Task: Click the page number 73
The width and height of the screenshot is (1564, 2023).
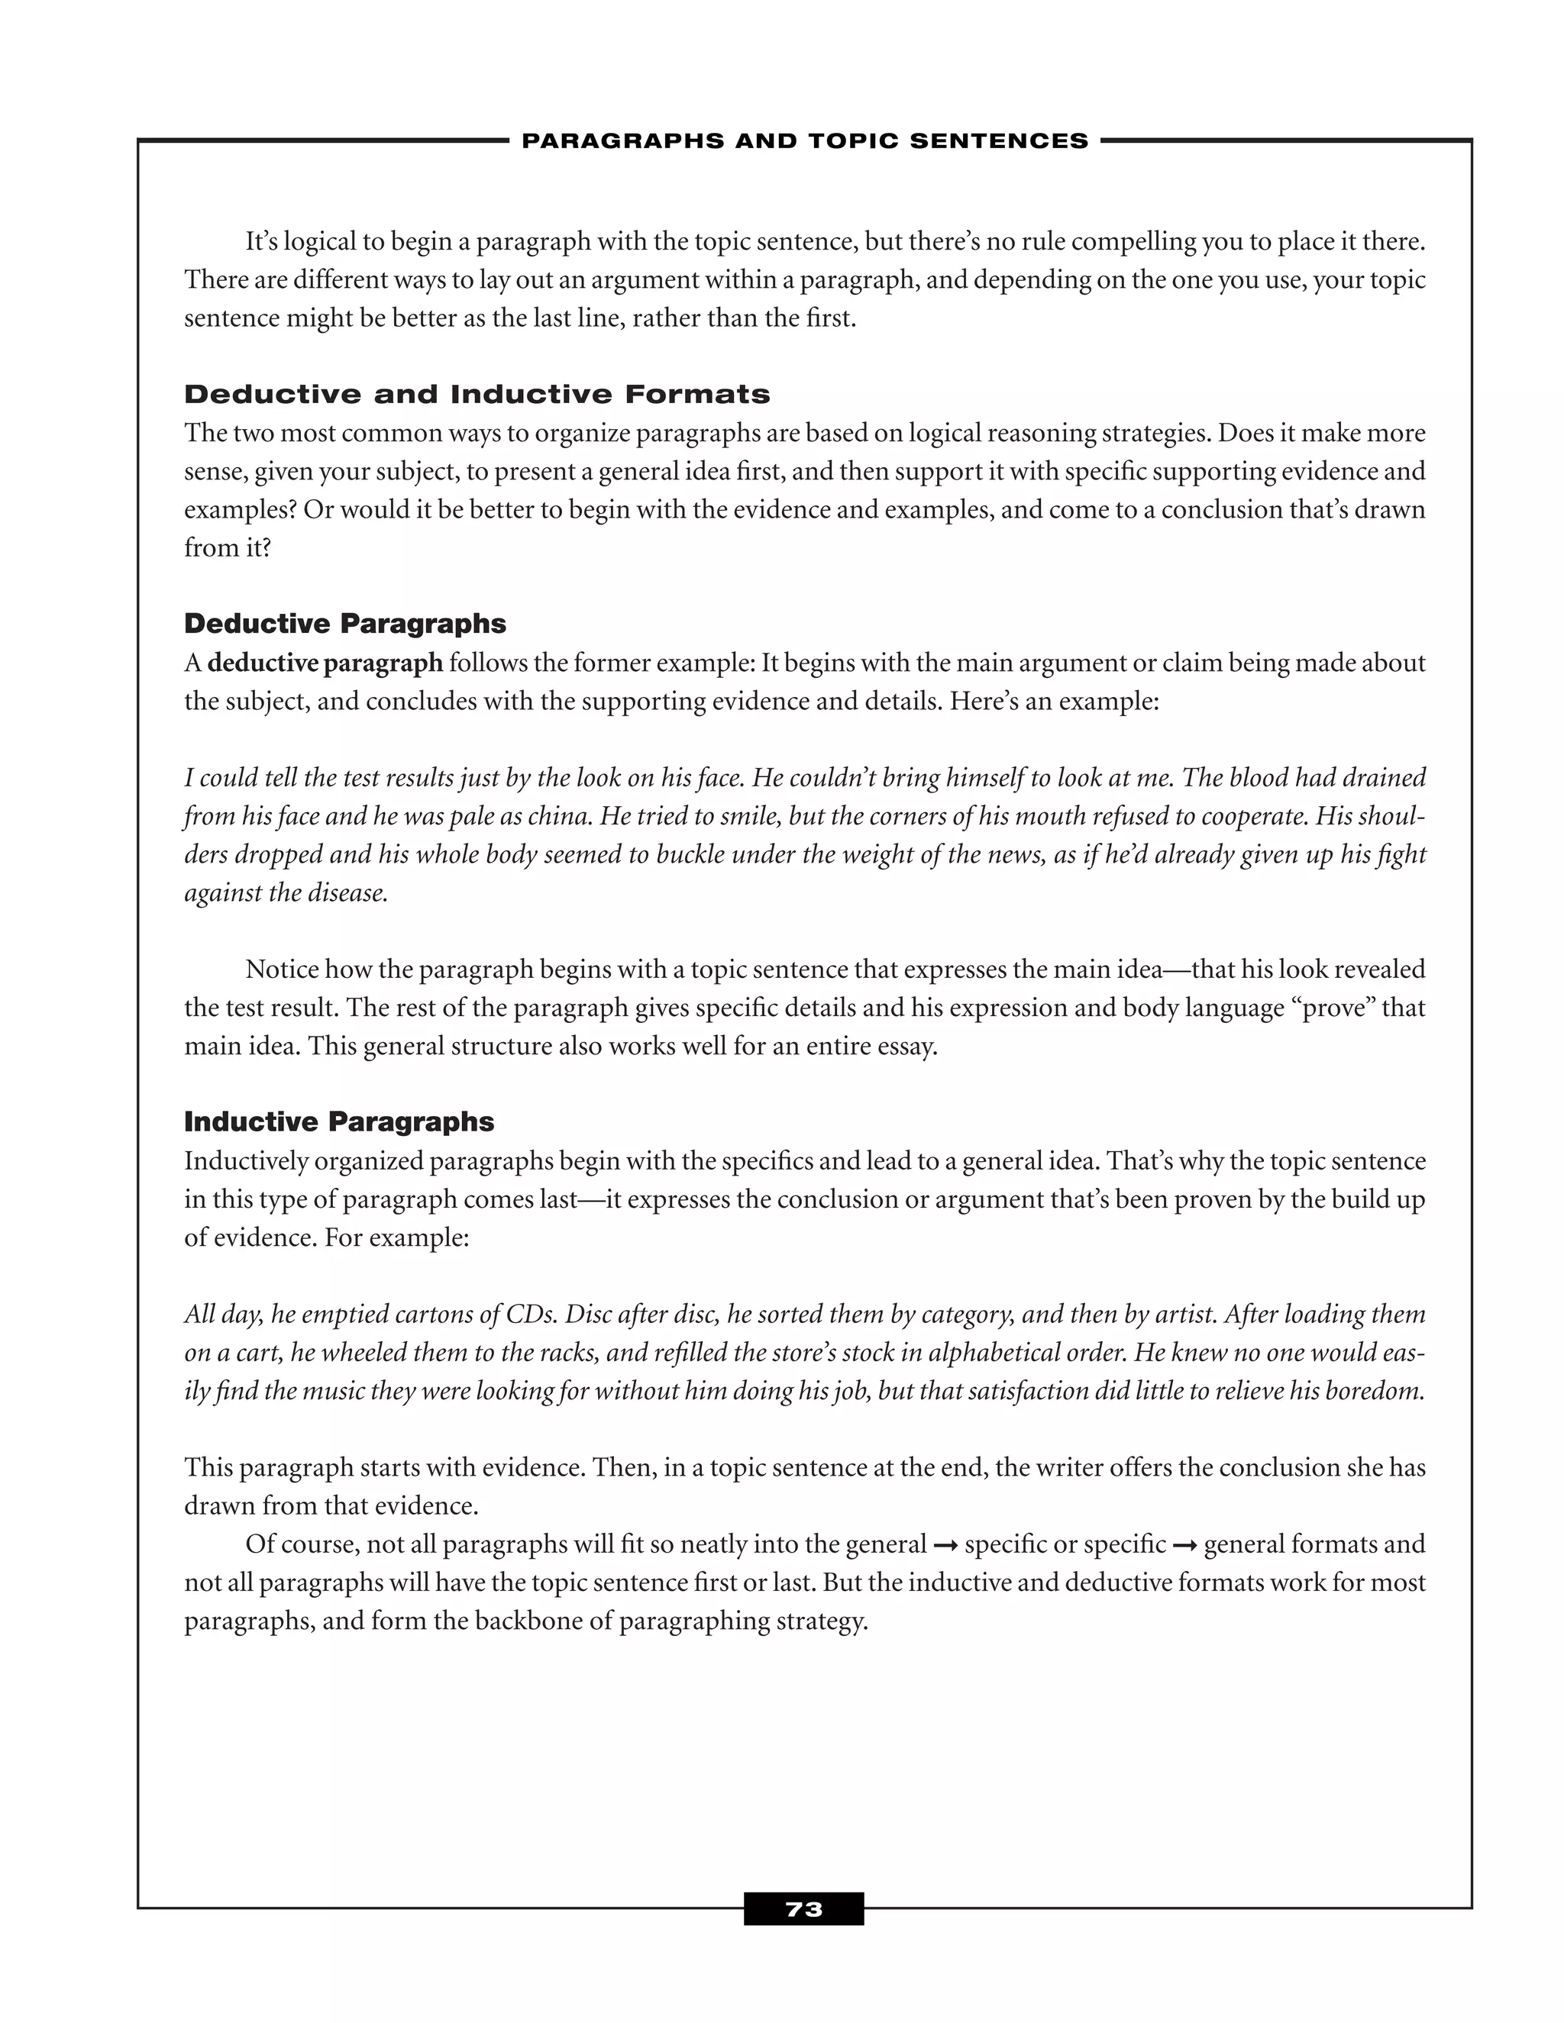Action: (x=803, y=1909)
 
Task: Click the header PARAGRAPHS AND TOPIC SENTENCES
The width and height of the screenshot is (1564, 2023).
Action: (x=804, y=140)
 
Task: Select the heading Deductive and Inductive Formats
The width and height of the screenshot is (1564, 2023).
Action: (x=477, y=395)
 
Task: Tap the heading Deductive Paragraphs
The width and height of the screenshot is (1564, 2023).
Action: (x=344, y=624)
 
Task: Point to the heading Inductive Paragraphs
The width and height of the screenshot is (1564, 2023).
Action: (x=339, y=1121)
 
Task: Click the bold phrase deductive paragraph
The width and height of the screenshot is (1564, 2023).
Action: (x=325, y=663)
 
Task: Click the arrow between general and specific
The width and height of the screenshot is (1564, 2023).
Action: (x=945, y=1545)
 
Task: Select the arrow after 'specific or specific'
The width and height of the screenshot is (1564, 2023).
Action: (x=1184, y=1545)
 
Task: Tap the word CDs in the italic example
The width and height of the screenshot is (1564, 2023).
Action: (x=531, y=1315)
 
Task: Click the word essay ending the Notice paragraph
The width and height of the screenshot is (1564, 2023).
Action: (x=905, y=1047)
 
